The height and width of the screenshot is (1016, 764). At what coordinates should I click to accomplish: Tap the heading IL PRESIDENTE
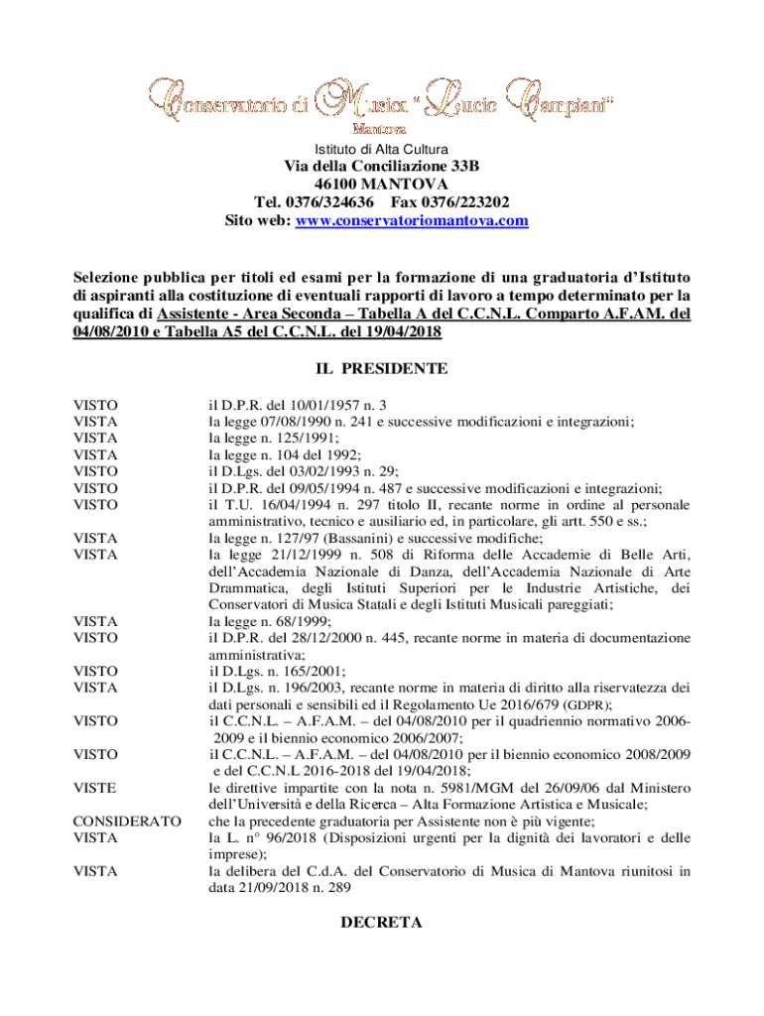coord(382,369)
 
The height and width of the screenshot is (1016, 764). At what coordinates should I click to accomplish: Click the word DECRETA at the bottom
coord(382,923)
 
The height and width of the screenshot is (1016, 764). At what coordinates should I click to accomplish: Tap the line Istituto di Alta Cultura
coord(382,148)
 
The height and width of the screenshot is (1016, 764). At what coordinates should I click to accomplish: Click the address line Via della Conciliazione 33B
coord(382,166)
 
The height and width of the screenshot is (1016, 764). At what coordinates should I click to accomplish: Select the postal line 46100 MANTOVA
coord(382,185)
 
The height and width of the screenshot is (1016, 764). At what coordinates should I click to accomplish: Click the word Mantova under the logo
coord(381,129)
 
